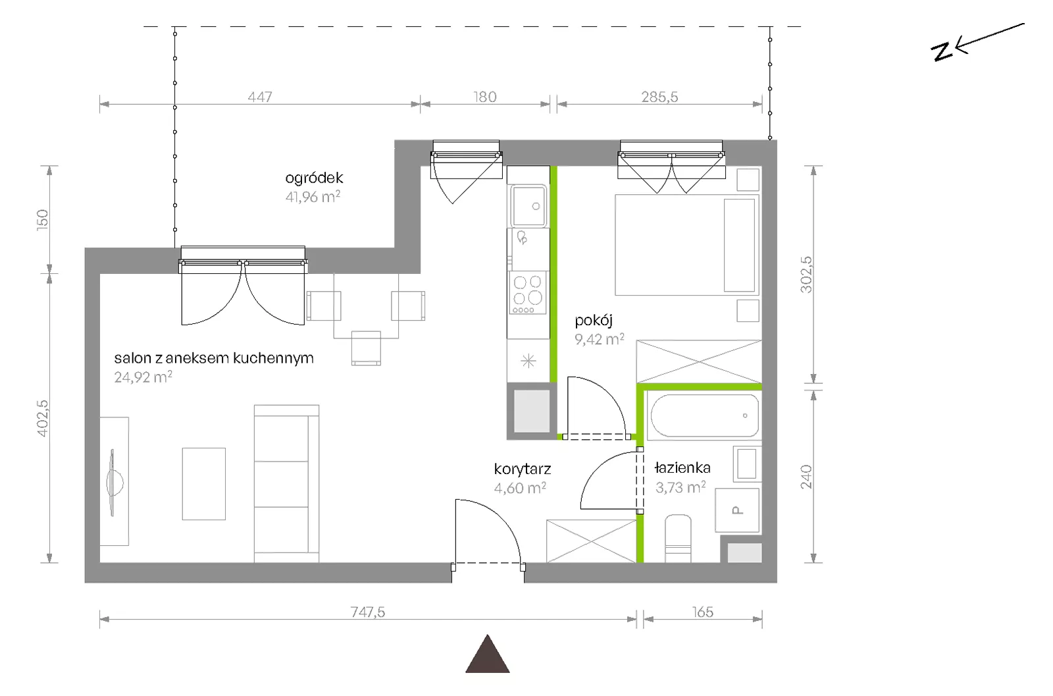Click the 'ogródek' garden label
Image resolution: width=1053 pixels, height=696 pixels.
(x=314, y=178)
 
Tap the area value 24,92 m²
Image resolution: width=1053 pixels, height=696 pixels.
(x=143, y=377)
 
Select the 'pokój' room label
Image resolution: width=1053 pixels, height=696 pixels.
(x=594, y=321)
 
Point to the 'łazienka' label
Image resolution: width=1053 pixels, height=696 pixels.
(x=682, y=468)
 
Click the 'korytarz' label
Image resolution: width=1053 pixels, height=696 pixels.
(x=523, y=469)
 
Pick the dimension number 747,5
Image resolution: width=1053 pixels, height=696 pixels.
(x=368, y=612)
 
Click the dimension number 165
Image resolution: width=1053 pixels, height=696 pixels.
(x=703, y=612)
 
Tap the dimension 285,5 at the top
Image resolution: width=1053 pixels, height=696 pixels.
(x=659, y=97)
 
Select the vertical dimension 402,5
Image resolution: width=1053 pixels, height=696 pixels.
(x=43, y=418)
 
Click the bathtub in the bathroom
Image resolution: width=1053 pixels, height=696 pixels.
(x=704, y=415)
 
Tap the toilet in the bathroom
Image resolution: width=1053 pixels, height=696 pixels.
(x=678, y=539)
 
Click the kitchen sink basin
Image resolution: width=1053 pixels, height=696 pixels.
(x=529, y=206)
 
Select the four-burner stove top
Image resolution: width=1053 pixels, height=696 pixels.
(x=528, y=293)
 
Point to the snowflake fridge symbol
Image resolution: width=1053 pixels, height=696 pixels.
(x=528, y=361)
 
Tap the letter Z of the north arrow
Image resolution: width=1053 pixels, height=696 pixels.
(x=942, y=51)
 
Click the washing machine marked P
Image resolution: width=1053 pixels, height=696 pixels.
(x=737, y=510)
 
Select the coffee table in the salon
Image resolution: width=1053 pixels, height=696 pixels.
(x=203, y=484)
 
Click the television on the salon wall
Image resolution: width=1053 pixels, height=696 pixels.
(x=113, y=483)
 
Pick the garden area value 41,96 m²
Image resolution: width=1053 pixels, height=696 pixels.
(x=313, y=197)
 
